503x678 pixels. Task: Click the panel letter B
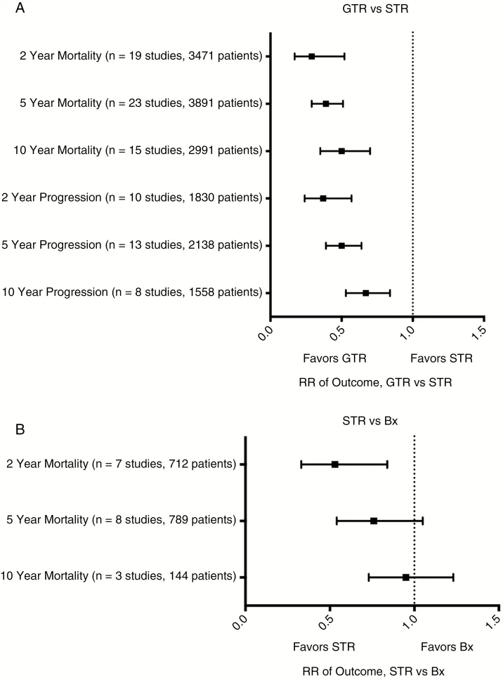click(13, 428)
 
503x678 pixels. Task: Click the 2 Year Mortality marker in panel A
click(311, 56)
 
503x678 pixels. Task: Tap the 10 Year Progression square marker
click(365, 292)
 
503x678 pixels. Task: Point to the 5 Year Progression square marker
click(341, 245)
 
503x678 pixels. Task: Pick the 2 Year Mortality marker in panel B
click(335, 464)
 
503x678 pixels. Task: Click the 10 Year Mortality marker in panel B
click(406, 577)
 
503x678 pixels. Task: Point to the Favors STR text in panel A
click(441, 358)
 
